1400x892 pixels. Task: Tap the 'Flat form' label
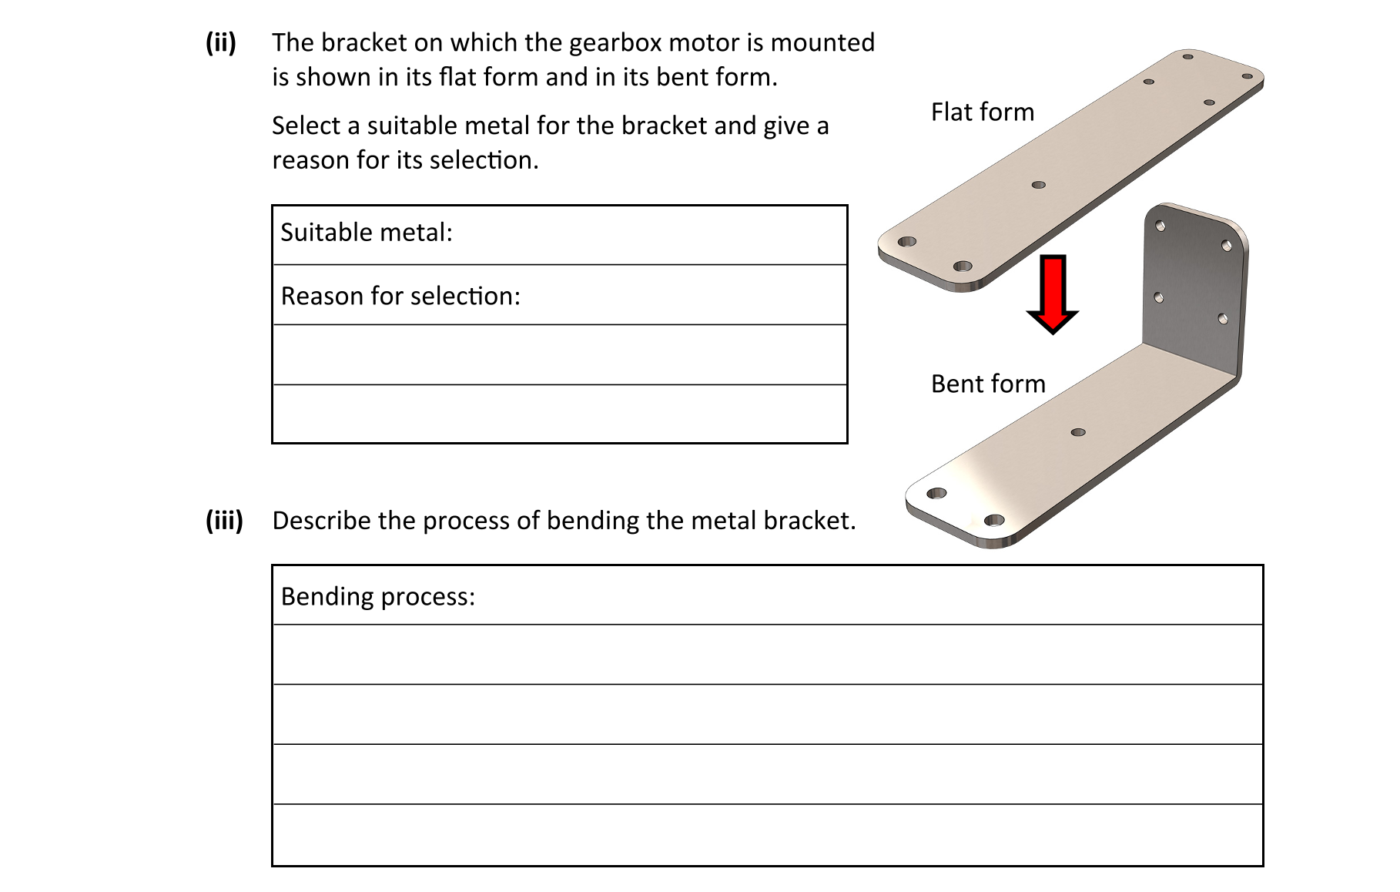(982, 112)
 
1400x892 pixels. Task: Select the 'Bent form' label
(988, 384)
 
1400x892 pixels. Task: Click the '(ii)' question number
(220, 42)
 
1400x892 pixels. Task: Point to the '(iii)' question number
(224, 521)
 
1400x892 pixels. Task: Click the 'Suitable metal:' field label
(366, 233)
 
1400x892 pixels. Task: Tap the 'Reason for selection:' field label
(400, 296)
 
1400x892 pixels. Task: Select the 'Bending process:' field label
(377, 596)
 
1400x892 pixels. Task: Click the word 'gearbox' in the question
(615, 42)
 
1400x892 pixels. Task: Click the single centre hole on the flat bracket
(1038, 185)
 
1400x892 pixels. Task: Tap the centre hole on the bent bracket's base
(1078, 432)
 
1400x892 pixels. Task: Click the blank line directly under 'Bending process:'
(767, 655)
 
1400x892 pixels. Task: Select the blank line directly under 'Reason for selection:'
(560, 355)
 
